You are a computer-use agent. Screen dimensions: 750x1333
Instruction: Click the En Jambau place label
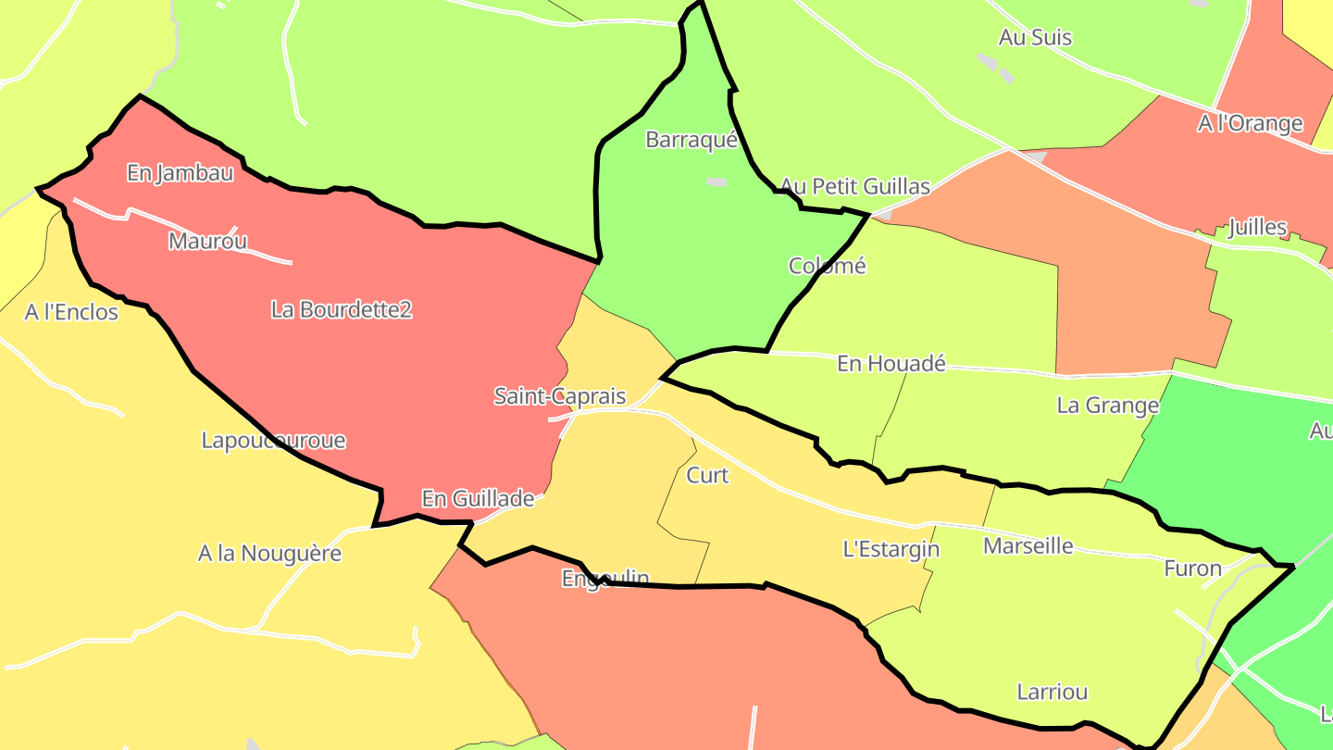(x=180, y=172)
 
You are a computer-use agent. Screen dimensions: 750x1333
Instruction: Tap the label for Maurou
(x=208, y=242)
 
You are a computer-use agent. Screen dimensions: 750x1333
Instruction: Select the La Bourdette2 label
(x=342, y=309)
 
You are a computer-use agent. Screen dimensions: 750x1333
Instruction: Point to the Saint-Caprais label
(x=560, y=396)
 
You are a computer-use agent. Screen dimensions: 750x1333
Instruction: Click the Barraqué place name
(x=691, y=140)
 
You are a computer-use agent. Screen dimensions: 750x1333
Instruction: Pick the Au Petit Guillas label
(x=854, y=186)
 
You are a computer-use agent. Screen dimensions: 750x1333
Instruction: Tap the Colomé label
(x=827, y=266)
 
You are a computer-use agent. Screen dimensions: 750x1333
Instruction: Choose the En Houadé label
(x=891, y=364)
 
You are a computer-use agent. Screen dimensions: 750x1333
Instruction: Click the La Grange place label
(x=1107, y=405)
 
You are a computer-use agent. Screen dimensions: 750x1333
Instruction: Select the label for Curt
(x=707, y=475)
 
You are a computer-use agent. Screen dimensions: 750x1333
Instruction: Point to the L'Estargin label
(x=891, y=549)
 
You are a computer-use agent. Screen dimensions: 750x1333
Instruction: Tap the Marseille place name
(x=1028, y=545)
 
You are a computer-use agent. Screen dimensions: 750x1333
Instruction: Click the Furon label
(x=1192, y=569)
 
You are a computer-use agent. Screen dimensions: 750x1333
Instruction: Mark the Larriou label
(x=1052, y=692)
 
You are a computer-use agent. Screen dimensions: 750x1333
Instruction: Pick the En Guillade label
(x=478, y=498)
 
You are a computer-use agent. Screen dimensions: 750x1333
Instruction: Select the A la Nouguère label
(x=269, y=554)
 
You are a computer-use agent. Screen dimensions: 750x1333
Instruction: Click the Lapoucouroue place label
(x=273, y=440)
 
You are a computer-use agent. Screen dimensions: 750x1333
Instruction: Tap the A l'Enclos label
(x=71, y=312)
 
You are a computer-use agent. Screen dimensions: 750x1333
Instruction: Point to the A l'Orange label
(x=1250, y=123)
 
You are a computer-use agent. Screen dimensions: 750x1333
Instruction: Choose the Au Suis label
(x=1035, y=37)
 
